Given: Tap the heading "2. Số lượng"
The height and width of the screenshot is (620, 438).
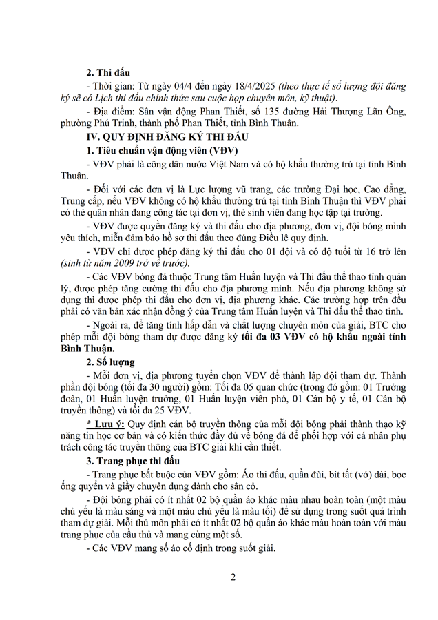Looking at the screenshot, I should tap(110, 364).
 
